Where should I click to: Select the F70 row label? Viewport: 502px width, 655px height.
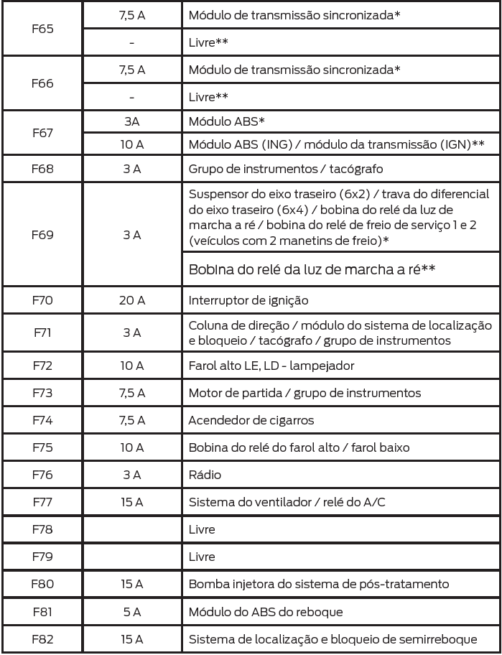(42, 301)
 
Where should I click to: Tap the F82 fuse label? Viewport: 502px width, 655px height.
(42, 638)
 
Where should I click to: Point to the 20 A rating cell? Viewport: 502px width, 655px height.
(132, 301)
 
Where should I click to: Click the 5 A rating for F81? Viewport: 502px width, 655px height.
(132, 611)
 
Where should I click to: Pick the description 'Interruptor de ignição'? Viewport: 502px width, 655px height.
(248, 301)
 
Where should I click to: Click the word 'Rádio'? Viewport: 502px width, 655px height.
(205, 475)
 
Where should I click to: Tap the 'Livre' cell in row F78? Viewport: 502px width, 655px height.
(202, 529)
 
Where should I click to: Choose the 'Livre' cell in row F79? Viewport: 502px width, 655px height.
(202, 557)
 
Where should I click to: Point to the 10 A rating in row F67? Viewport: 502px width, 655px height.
(132, 144)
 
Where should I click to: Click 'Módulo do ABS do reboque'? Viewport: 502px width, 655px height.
(266, 611)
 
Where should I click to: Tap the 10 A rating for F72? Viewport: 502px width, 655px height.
(132, 366)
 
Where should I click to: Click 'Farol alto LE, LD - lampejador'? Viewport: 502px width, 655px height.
(271, 366)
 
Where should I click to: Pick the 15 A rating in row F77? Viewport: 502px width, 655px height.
(132, 502)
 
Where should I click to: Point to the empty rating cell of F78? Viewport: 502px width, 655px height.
(132, 529)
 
